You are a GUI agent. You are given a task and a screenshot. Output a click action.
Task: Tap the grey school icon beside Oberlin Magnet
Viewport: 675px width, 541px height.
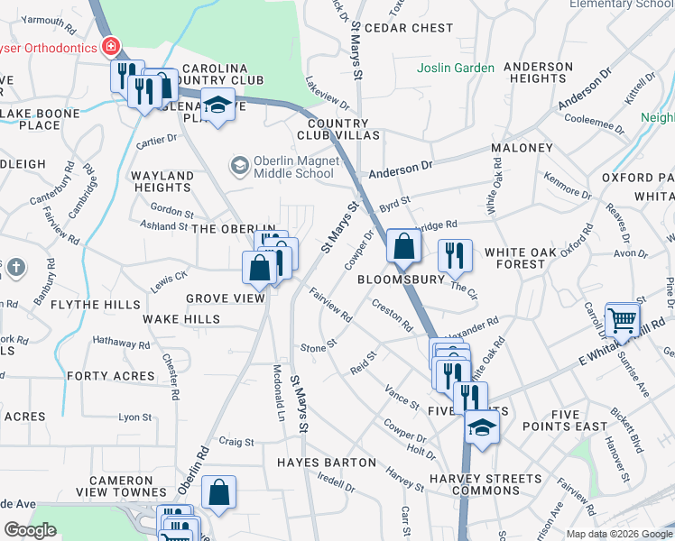[x=239, y=164]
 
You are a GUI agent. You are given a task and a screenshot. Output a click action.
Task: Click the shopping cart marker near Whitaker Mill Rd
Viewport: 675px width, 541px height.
[x=623, y=319]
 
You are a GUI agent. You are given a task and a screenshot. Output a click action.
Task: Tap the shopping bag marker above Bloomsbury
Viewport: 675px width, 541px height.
[x=403, y=246]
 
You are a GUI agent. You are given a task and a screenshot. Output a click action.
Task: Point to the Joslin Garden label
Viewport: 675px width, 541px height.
[x=456, y=68]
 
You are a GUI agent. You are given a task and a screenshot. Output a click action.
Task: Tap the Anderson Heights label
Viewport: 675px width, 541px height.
[x=538, y=72]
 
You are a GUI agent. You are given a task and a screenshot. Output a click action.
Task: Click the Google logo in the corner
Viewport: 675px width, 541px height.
[x=30, y=529]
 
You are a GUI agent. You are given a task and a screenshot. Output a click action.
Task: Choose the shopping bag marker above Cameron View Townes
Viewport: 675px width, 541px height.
[x=218, y=492]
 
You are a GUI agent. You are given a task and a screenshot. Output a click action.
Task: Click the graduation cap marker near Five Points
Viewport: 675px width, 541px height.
[x=483, y=426]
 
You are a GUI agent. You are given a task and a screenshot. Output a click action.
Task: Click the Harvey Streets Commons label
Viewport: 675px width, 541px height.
[x=485, y=484]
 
